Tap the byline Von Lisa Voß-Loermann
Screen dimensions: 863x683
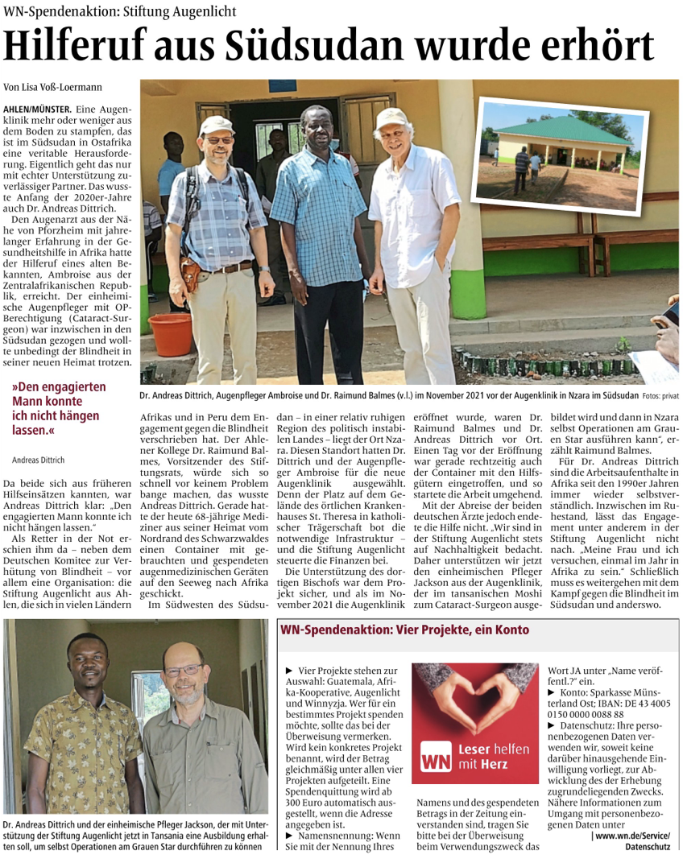[x=53, y=86]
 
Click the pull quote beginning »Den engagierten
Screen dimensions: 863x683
[x=58, y=408]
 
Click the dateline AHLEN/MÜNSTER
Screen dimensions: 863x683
[x=37, y=108]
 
